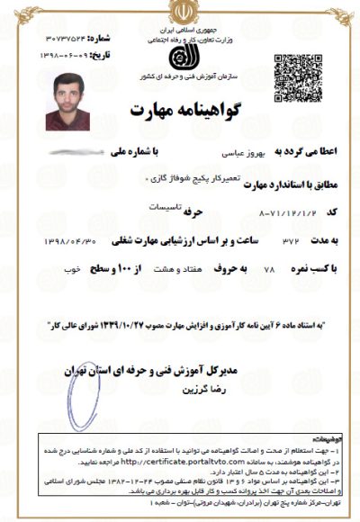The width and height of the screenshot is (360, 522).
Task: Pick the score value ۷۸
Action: coord(242,269)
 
